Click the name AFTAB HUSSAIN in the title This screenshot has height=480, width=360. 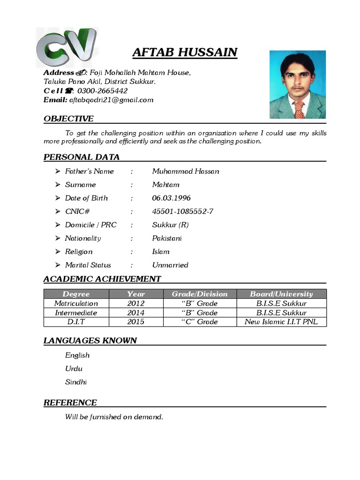[185, 52]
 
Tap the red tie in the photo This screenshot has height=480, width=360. [299, 109]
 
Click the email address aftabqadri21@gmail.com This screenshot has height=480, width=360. [111, 100]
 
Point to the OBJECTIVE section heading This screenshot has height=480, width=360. [68, 119]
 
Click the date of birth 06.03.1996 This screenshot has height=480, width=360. [171, 198]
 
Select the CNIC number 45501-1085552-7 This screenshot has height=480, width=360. [182, 211]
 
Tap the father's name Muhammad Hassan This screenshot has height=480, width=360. [186, 171]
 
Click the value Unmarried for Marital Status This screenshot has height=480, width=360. [170, 265]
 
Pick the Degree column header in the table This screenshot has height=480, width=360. [76, 294]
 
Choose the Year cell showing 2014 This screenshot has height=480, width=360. [136, 313]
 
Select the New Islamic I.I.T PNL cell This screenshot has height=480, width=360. [281, 322]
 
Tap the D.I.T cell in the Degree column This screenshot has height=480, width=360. [76, 322]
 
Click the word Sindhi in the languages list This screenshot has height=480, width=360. [76, 382]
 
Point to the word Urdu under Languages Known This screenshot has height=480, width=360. [74, 368]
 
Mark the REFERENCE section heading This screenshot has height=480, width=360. [70, 402]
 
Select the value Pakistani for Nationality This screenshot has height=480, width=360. [167, 238]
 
